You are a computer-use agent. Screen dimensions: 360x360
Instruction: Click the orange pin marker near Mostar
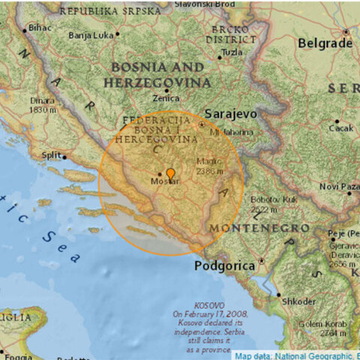click(x=170, y=175)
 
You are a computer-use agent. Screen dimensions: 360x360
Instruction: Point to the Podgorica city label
click(x=224, y=265)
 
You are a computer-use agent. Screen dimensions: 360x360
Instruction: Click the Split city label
click(x=51, y=155)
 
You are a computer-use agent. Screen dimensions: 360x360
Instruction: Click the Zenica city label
click(x=166, y=98)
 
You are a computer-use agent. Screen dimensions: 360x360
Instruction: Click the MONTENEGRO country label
click(x=259, y=227)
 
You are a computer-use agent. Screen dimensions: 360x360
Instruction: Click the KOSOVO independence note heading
click(x=208, y=305)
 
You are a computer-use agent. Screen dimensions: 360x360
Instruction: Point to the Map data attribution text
click(x=296, y=355)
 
